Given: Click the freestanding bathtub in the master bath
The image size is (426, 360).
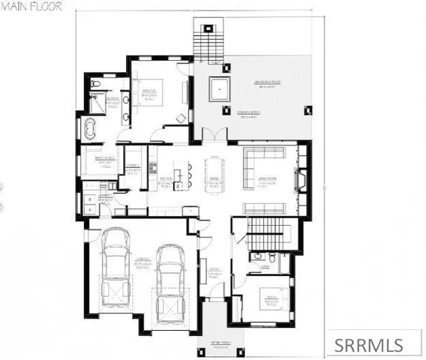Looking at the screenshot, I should pos(89,130).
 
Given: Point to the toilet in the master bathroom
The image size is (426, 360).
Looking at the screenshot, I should pos(95,84).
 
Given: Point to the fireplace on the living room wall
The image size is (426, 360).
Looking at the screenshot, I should pos(301,181).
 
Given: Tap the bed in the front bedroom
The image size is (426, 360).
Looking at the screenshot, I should pos(268,301).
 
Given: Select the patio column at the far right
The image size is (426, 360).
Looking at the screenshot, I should pos(307,111).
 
